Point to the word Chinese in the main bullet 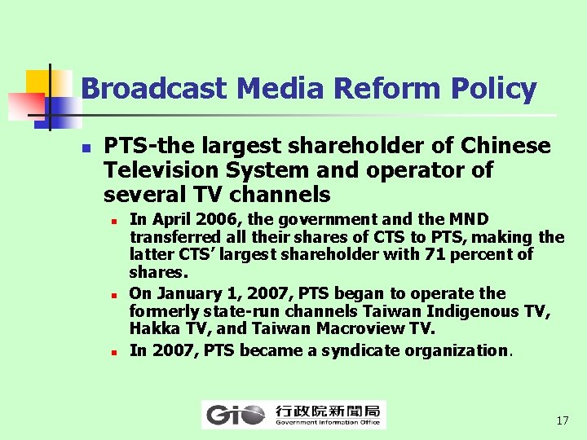click(505, 147)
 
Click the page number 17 click(562, 421)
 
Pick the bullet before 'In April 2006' click(116, 221)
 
